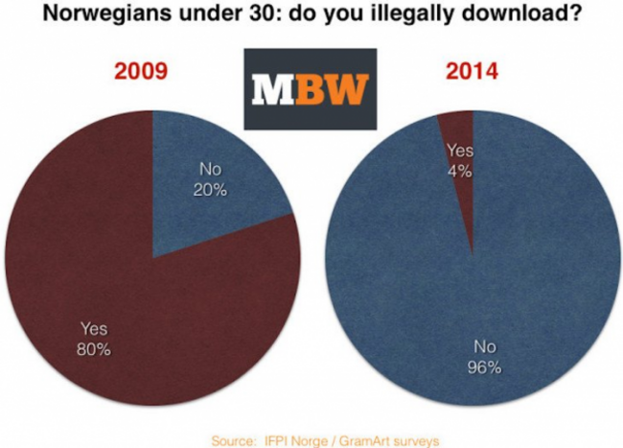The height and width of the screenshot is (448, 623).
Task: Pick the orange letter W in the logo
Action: pyautogui.click(x=346, y=88)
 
